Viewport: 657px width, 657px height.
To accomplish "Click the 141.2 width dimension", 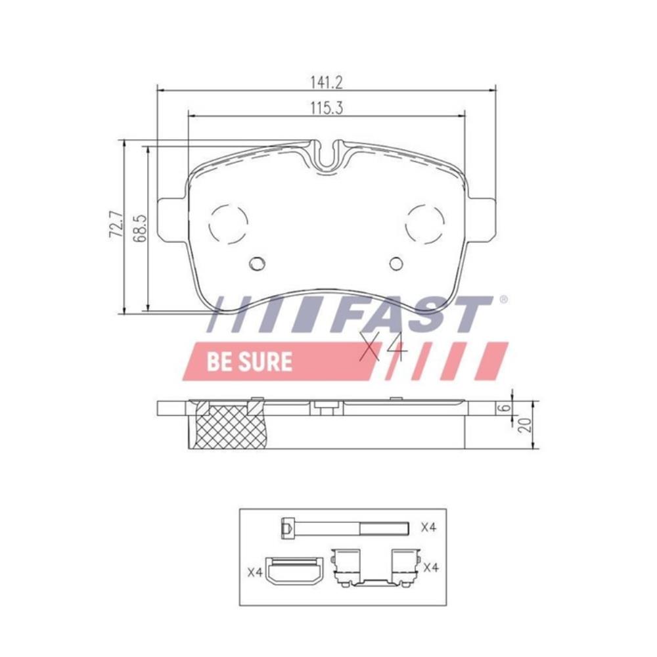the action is (x=327, y=83).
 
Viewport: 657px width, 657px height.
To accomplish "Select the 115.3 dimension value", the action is (x=327, y=108).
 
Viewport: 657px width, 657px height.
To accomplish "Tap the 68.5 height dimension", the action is (x=139, y=229).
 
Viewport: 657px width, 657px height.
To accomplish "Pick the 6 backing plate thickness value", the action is (x=505, y=407).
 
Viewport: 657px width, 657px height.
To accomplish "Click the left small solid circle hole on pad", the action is (x=257, y=263).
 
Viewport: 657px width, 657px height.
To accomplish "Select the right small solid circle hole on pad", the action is (x=396, y=263).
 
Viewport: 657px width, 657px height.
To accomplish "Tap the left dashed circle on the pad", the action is (x=229, y=224).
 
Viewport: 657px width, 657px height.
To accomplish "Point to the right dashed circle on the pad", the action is (x=425, y=224).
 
